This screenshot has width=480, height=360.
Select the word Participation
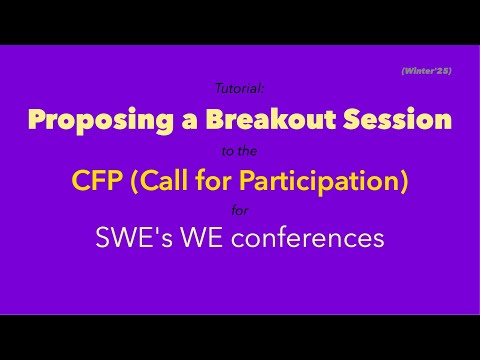(x=321, y=181)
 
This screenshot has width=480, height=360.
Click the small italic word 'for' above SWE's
(x=240, y=211)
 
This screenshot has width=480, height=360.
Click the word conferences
(x=311, y=241)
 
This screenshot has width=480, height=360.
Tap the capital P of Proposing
(x=36, y=121)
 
